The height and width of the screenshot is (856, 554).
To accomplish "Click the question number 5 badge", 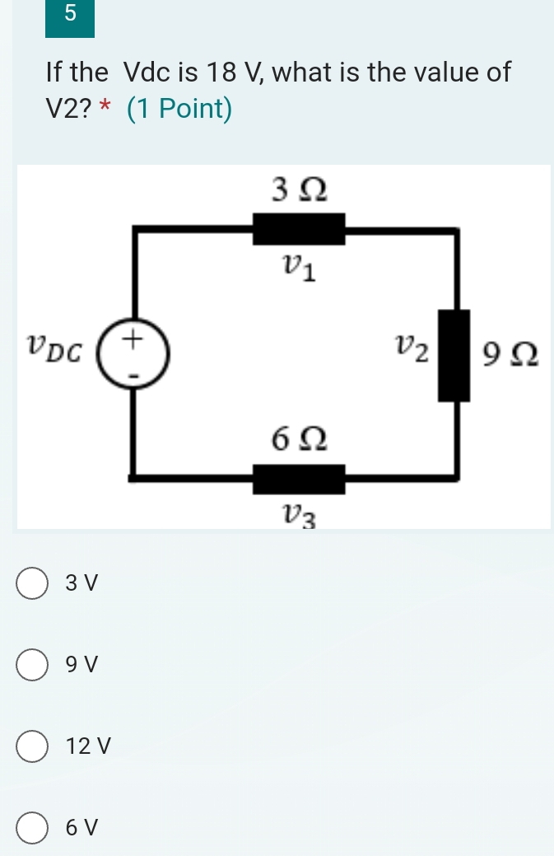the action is tap(70, 18).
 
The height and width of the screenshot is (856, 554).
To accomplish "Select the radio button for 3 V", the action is tap(32, 582).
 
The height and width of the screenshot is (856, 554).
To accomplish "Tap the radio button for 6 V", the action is tap(32, 828).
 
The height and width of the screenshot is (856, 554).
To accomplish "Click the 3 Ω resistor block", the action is tap(298, 229).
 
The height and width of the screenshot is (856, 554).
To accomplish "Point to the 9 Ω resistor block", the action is tap(454, 355).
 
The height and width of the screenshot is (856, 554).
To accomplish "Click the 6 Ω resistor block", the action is tap(298, 479).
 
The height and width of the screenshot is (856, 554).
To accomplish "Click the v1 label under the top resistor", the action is tap(299, 267).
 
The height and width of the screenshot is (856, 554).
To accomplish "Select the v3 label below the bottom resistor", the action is tap(298, 516).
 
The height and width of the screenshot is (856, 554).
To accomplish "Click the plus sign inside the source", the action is tap(133, 338).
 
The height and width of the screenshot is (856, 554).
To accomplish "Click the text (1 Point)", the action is tap(179, 109).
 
